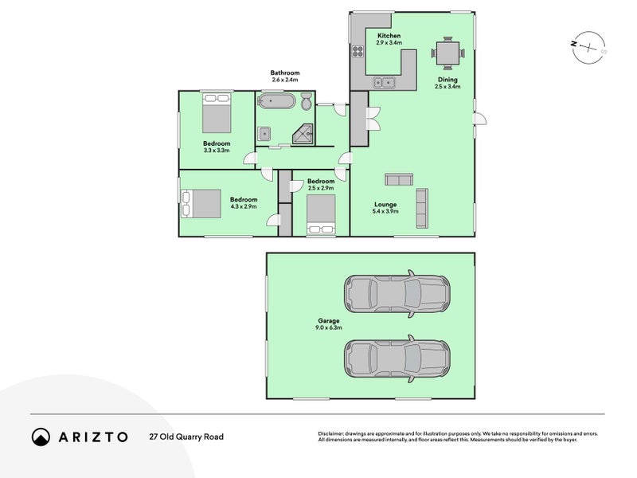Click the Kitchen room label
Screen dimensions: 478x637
coord(389,37)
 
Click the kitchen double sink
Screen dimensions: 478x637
coord(385,81)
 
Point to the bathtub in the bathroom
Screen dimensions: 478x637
coord(276,102)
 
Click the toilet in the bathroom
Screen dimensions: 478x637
coord(306,102)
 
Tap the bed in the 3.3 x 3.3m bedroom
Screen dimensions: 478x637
coord(217,113)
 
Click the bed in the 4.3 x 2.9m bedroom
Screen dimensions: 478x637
coord(202,202)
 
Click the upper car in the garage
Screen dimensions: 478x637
coord(397,293)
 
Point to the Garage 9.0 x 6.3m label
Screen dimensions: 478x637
coord(330,323)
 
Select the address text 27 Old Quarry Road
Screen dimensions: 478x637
coord(186,437)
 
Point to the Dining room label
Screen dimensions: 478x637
coord(447,79)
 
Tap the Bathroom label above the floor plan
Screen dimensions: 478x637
coord(285,72)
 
